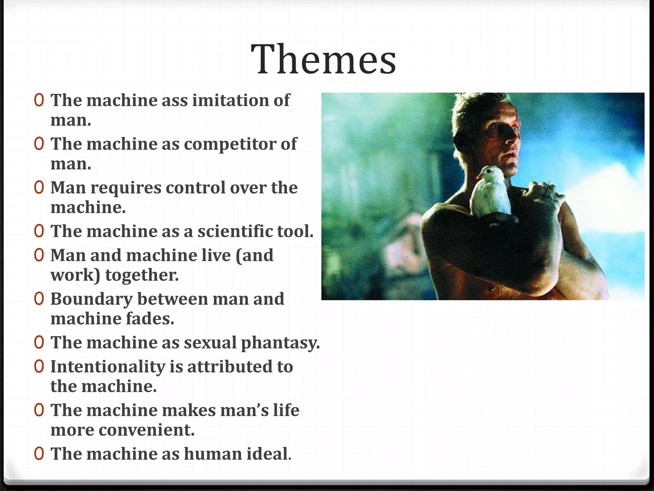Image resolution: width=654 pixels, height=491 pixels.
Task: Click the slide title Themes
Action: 323,59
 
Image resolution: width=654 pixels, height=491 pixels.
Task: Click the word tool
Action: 295,231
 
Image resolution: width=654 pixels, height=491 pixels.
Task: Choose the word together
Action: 142,275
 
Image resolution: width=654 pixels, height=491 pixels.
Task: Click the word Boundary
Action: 91,299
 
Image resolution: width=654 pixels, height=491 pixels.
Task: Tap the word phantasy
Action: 280,343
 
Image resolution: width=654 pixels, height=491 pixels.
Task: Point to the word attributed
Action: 230,367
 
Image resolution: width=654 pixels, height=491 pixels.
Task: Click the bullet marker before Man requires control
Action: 39,188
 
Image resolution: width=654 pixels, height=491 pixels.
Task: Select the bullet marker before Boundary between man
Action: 39,299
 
